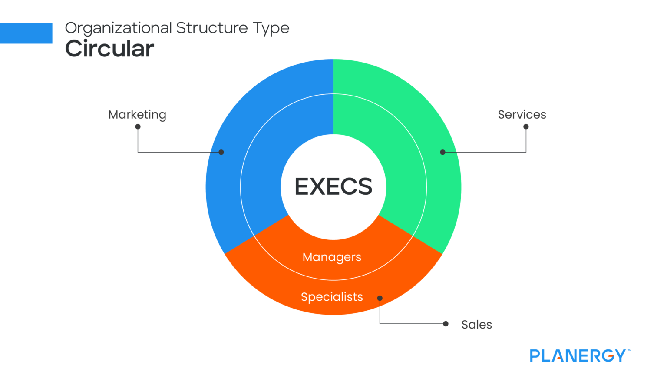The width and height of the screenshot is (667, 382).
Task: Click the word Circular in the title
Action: [x=109, y=49]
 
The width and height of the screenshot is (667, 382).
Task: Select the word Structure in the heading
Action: [x=212, y=28]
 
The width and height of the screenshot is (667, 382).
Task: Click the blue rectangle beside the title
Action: [x=26, y=33]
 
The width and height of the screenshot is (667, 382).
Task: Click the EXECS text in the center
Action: [x=333, y=186]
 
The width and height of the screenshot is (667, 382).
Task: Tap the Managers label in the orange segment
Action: [x=332, y=257]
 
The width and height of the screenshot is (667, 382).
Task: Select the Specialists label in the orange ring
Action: [x=332, y=297]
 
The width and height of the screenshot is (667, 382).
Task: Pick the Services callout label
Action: [x=522, y=114]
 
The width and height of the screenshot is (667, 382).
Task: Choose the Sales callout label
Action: [x=476, y=325]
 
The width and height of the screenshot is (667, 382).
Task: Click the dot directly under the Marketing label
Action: [x=138, y=126]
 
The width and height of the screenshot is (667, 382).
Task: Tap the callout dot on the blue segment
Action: [x=221, y=152]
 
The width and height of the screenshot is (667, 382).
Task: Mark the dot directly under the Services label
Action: [x=526, y=126]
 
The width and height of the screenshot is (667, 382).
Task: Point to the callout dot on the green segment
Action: [x=443, y=152]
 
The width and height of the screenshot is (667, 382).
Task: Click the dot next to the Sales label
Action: [x=446, y=324]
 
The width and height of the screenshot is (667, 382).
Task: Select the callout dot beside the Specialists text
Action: [x=380, y=298]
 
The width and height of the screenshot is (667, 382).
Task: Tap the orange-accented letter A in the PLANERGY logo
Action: [x=558, y=356]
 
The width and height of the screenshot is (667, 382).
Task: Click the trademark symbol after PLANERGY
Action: [x=629, y=350]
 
